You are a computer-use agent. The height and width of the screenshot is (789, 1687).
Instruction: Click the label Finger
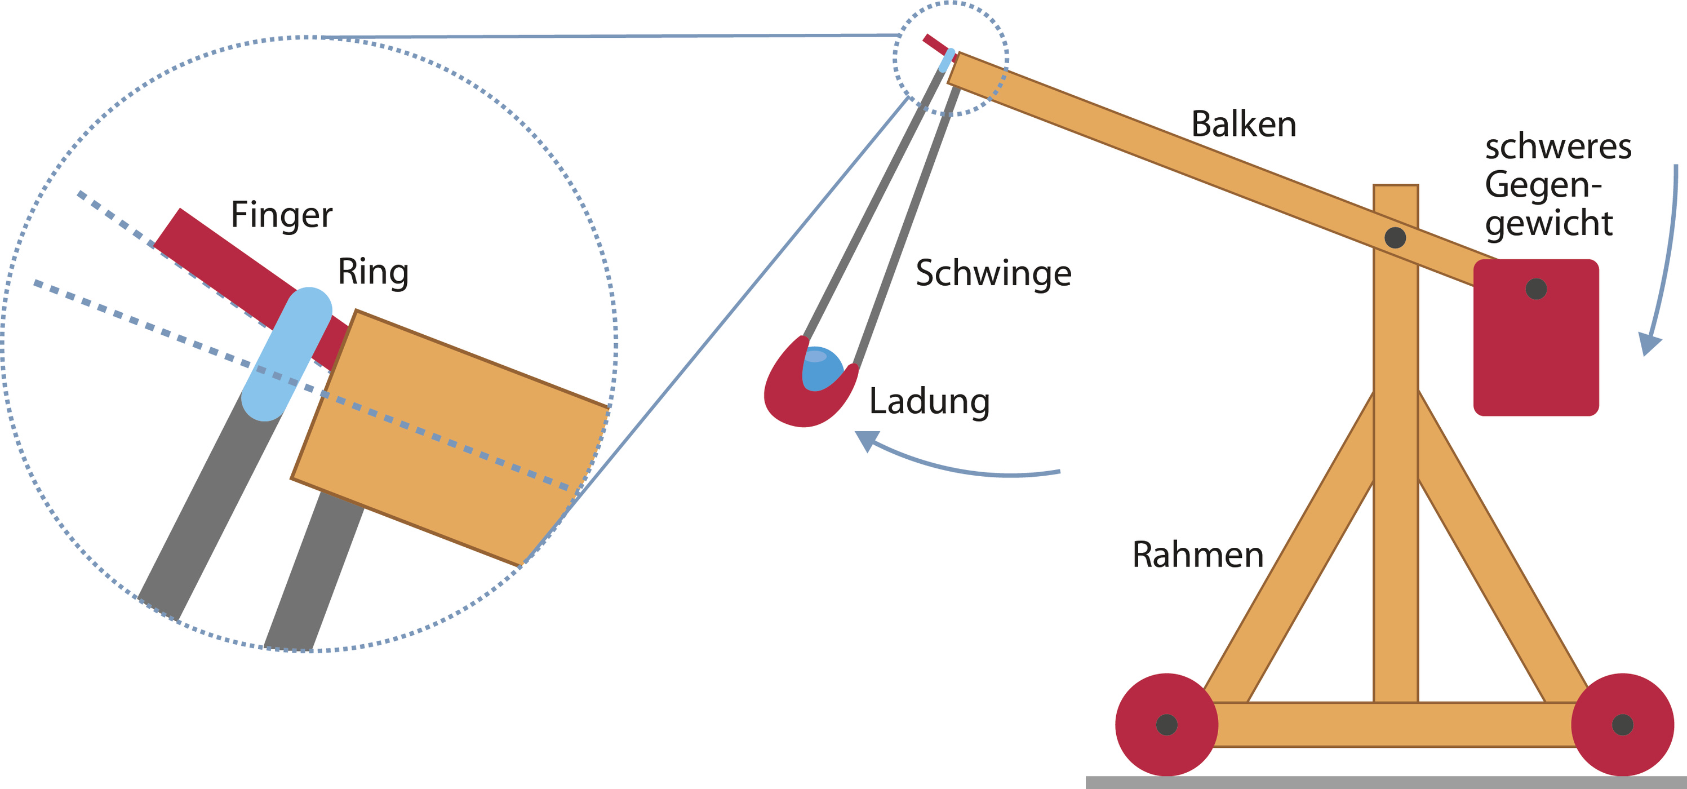(x=282, y=215)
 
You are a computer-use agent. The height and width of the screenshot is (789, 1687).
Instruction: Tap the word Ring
(x=372, y=272)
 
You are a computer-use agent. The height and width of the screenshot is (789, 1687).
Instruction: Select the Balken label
(x=1244, y=125)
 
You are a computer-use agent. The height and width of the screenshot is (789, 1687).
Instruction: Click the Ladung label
(x=929, y=401)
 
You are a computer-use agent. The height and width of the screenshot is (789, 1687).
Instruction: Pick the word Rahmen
(x=1198, y=555)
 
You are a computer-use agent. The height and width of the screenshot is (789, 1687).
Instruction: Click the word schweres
(x=1558, y=147)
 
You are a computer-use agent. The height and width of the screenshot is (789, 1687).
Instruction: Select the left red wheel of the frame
(x=1166, y=724)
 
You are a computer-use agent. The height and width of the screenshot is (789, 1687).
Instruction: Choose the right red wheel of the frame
(x=1622, y=724)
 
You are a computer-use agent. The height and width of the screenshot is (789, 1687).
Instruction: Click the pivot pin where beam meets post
(x=1395, y=237)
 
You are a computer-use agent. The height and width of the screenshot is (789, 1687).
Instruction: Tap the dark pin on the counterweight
(x=1536, y=289)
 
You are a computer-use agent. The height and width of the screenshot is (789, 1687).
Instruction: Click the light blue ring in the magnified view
(x=286, y=353)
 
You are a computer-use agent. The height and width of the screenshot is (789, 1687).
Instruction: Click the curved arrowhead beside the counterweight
(x=1649, y=343)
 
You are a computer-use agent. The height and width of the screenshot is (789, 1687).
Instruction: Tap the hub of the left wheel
(x=1166, y=724)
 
